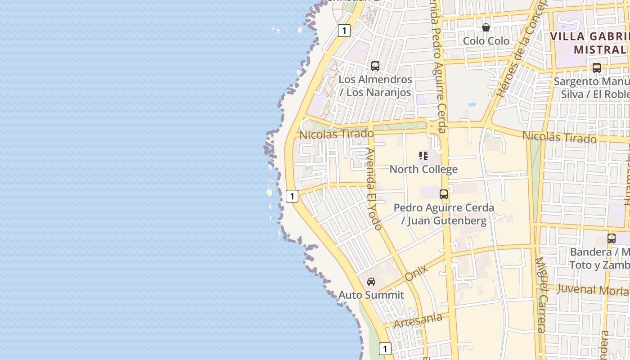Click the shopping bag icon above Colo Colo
click(x=486, y=27)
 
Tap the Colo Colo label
click(x=486, y=41)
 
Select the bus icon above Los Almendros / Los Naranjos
click(x=375, y=66)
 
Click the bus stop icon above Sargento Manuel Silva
click(x=597, y=68)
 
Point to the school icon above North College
click(x=423, y=156)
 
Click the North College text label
click(x=423, y=169)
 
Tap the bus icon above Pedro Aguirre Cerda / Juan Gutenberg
click(x=444, y=194)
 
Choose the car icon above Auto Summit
click(x=371, y=282)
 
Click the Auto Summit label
click(x=371, y=295)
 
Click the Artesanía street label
click(x=418, y=321)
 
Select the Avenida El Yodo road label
click(x=374, y=189)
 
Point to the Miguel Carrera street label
click(x=541, y=295)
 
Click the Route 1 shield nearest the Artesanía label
click(x=385, y=349)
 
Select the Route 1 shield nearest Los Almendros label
click(x=344, y=31)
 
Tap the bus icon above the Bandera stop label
click(x=612, y=238)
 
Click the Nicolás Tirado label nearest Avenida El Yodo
click(x=336, y=134)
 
